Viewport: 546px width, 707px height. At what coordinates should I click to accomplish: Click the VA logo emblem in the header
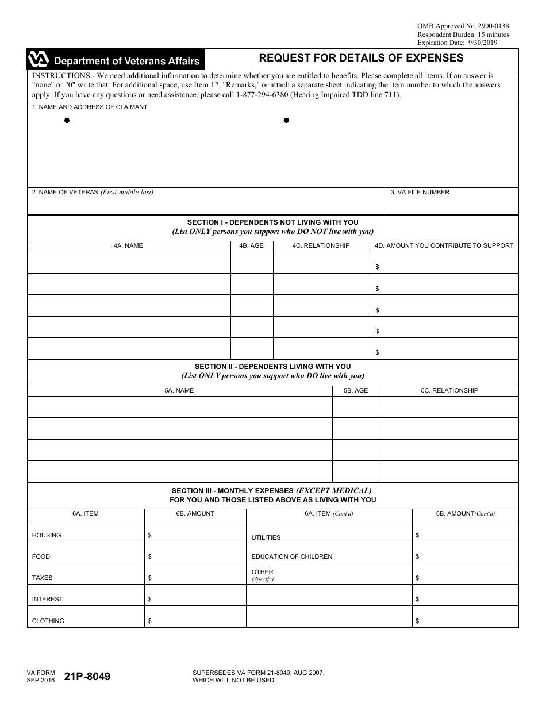tap(39, 60)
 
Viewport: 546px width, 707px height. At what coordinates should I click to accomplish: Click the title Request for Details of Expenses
tap(361, 58)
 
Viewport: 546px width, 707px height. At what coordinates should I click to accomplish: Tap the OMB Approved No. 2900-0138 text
tap(463, 26)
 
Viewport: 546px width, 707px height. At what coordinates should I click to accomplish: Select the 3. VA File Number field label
tap(420, 192)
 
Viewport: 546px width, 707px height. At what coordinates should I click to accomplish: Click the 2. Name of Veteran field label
tap(93, 192)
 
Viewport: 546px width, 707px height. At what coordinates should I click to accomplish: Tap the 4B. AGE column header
tap(251, 245)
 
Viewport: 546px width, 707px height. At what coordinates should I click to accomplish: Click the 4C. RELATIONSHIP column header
tap(321, 245)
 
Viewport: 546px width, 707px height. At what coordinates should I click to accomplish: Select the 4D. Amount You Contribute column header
tap(444, 245)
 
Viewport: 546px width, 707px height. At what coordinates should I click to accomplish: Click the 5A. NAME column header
tap(179, 390)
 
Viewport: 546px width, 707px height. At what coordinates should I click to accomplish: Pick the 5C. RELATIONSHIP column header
tap(449, 390)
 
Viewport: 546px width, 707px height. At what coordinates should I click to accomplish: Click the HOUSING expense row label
tap(47, 535)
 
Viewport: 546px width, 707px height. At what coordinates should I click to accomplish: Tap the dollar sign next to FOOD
tap(150, 556)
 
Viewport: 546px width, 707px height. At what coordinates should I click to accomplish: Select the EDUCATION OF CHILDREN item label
tap(292, 556)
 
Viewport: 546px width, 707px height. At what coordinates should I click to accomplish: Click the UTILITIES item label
tap(266, 537)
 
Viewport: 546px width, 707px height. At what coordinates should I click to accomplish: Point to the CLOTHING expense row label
tap(48, 621)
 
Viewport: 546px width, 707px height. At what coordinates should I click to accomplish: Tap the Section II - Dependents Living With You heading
tap(272, 366)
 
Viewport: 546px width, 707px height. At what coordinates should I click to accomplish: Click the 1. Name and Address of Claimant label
tap(90, 107)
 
